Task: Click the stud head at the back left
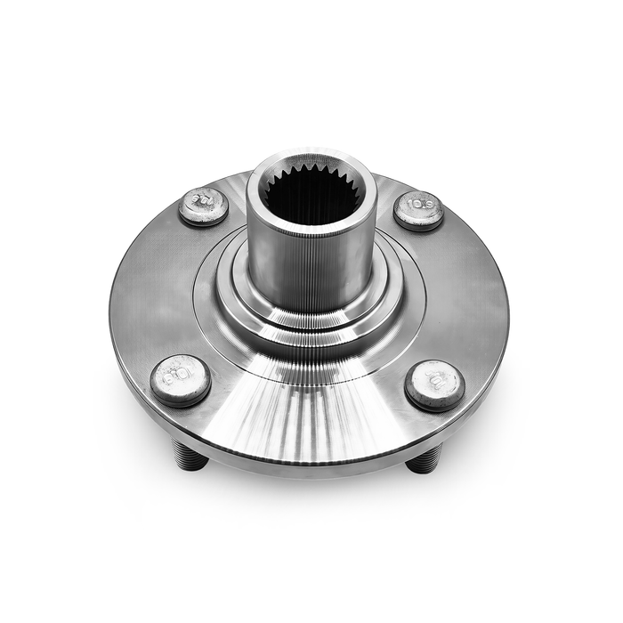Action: click(203, 206)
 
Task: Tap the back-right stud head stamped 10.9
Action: click(418, 210)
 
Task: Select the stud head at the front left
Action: click(180, 379)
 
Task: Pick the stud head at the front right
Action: click(434, 385)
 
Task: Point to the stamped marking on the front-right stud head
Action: click(436, 383)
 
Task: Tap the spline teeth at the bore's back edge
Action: click(311, 168)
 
